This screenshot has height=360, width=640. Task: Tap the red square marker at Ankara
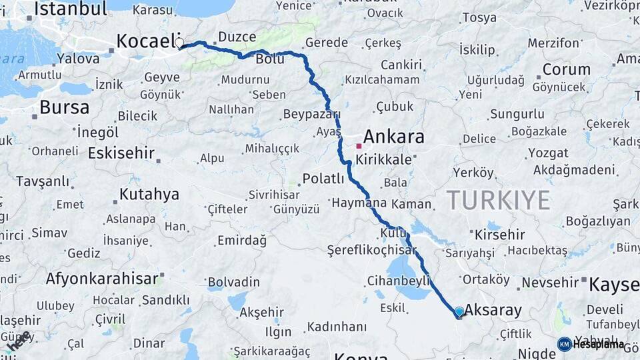click(x=359, y=145)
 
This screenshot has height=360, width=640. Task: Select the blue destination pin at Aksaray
click(x=459, y=311)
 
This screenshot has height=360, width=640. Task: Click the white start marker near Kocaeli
click(x=179, y=43)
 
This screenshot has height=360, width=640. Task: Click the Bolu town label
click(x=270, y=59)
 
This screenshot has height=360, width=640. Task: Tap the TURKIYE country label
click(x=498, y=200)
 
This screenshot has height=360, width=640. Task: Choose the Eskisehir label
click(x=121, y=153)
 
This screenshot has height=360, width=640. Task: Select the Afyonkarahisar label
click(x=102, y=278)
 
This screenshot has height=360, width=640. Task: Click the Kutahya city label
click(x=149, y=195)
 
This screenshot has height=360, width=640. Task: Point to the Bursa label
click(x=64, y=107)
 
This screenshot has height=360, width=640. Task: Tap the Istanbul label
click(x=70, y=9)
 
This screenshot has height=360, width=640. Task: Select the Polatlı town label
click(x=323, y=179)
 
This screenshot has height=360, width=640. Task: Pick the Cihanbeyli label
click(x=399, y=281)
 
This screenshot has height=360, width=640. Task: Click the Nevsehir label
click(x=550, y=283)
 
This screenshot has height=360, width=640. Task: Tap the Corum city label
click(x=566, y=69)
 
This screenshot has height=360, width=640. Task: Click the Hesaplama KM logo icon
click(x=565, y=344)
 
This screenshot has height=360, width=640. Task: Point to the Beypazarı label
click(x=312, y=114)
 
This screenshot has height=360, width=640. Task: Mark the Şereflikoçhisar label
click(x=371, y=250)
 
